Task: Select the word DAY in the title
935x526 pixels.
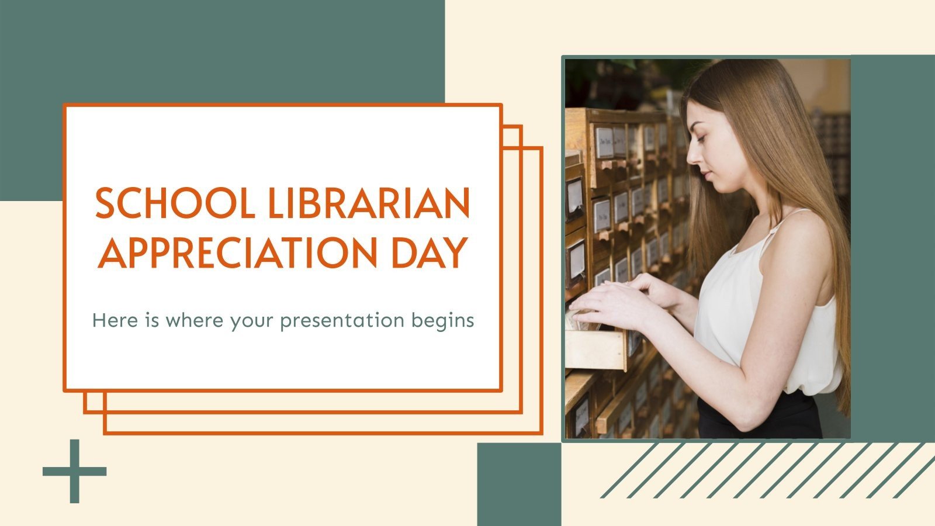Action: [435, 252]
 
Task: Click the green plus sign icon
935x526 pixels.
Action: [74, 470]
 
